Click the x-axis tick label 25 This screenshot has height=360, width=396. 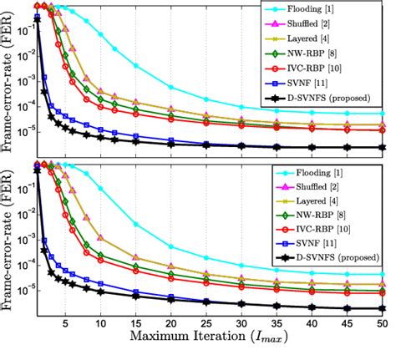click(206, 323)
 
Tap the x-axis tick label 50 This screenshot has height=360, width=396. click(381, 323)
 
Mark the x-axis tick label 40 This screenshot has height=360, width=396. click(311, 323)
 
